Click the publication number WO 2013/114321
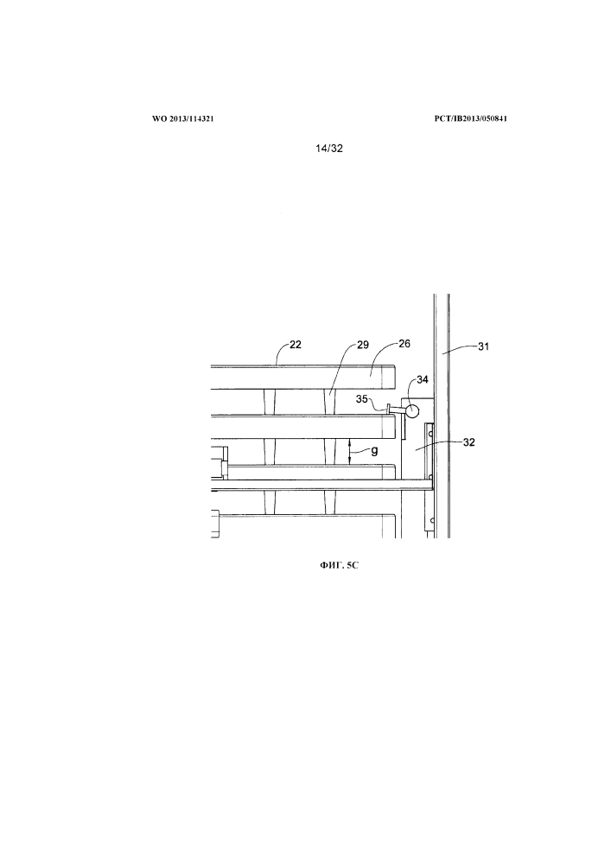[177, 118]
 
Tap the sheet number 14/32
[330, 149]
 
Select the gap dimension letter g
[374, 449]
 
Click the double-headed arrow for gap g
[348, 451]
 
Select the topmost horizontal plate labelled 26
[302, 378]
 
